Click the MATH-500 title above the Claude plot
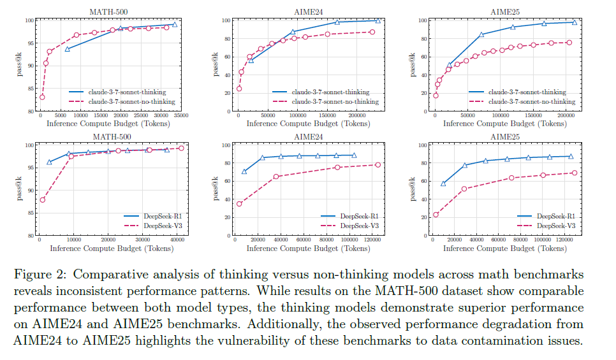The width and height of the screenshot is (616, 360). pos(108,11)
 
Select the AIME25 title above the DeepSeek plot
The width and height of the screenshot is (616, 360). pos(505,136)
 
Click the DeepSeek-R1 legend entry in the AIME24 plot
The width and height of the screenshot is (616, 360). pos(349,216)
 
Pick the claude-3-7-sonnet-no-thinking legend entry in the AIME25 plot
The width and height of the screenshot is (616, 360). pos(522,102)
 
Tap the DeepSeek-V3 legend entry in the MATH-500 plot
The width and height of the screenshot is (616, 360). pos(153,226)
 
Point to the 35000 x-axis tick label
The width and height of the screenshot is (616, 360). pos(181,115)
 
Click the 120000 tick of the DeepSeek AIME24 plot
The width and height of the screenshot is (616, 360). pos(372,240)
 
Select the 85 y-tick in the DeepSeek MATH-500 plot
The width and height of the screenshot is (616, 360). pos(30,213)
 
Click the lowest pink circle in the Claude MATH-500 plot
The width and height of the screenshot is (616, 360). pos(42,97)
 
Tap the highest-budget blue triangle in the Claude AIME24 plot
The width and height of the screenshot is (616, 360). pos(378,21)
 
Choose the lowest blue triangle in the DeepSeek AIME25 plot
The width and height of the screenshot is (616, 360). pos(443,184)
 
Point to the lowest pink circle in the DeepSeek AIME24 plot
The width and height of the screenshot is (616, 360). pos(239,204)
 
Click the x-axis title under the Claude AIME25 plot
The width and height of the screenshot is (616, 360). pos(505,124)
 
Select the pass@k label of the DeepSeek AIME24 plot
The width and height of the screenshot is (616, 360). pos(216,189)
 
